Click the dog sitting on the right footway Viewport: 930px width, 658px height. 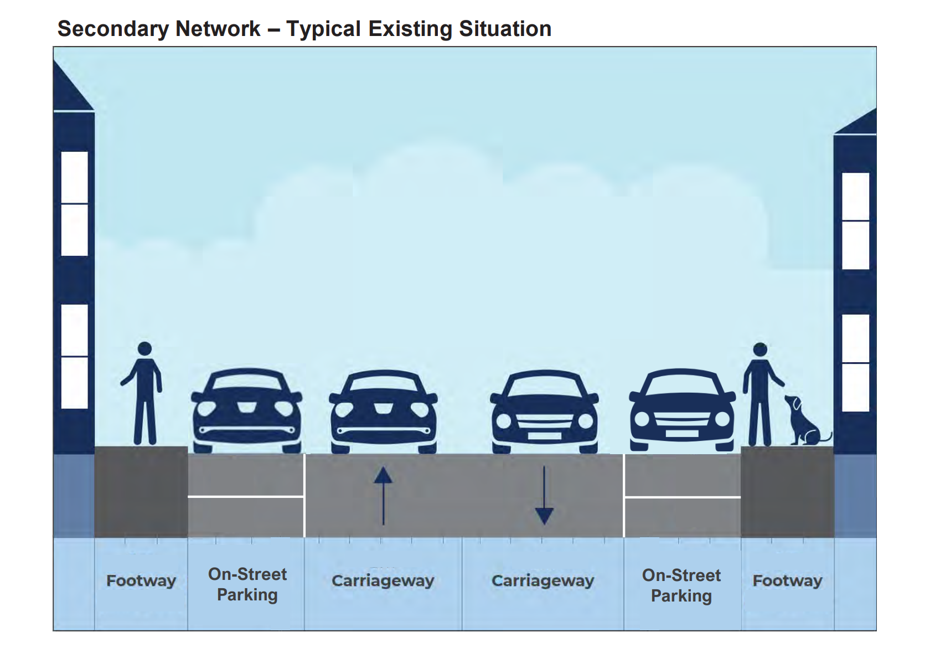tap(805, 420)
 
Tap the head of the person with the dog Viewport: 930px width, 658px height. tap(760, 350)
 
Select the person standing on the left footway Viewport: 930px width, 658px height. tap(142, 393)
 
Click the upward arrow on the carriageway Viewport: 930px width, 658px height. tap(383, 496)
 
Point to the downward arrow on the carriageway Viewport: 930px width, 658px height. tap(544, 496)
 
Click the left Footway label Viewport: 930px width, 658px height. tap(141, 580)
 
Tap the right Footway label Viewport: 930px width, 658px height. tap(788, 580)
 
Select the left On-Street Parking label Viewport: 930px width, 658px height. tap(247, 584)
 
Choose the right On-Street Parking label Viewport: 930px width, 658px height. tap(681, 585)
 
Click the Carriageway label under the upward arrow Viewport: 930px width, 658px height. tap(383, 581)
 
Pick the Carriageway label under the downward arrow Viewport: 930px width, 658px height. tap(543, 581)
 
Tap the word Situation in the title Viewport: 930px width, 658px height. tap(505, 29)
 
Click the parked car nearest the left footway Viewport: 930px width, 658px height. tap(247, 410)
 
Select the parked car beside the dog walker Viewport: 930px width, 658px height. tap(682, 410)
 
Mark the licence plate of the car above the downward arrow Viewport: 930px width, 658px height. tap(544, 436)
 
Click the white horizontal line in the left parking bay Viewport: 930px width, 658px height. tap(246, 496)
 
